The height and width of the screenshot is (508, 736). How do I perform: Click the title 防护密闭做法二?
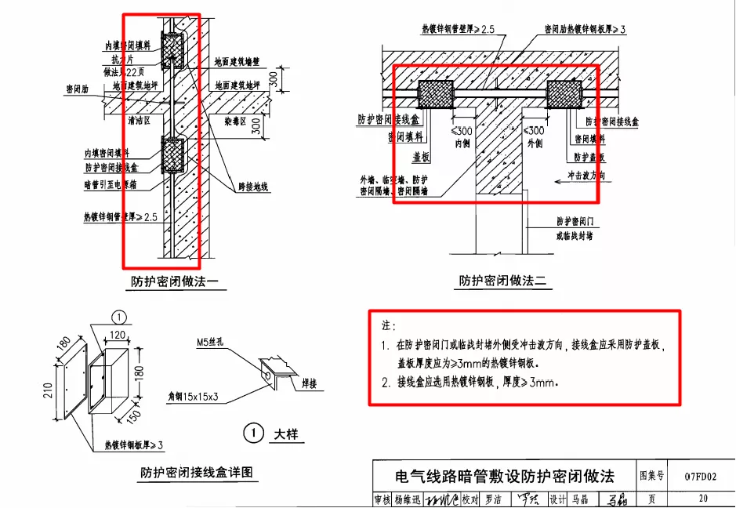502,281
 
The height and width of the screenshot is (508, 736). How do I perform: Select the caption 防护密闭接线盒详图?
199,472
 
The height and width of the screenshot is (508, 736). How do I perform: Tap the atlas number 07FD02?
700,476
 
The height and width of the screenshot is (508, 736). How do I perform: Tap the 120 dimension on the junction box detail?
117,335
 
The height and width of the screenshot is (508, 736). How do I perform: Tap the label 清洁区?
139,122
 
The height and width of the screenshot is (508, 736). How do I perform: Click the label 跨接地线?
253,187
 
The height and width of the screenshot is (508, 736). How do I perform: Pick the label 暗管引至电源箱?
114,185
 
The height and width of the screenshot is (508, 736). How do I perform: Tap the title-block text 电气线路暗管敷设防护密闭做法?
505,476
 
